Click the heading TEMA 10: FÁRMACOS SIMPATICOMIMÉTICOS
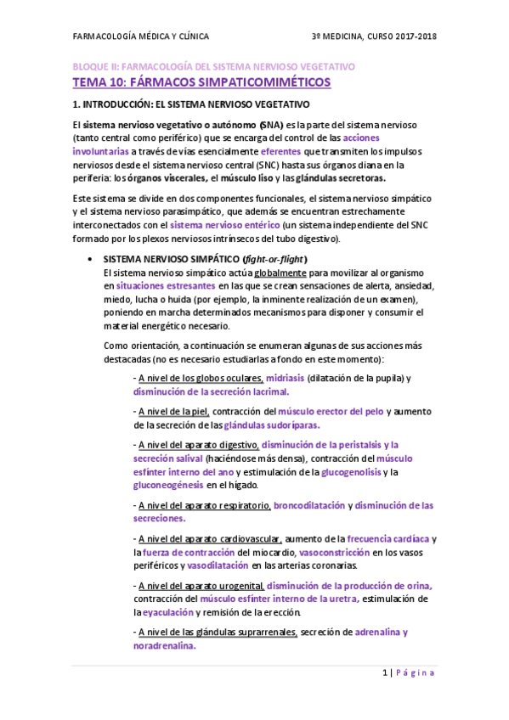(201, 82)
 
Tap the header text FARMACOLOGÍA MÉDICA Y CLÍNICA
(140, 37)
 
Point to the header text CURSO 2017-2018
(404, 37)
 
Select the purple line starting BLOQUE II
(213, 66)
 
